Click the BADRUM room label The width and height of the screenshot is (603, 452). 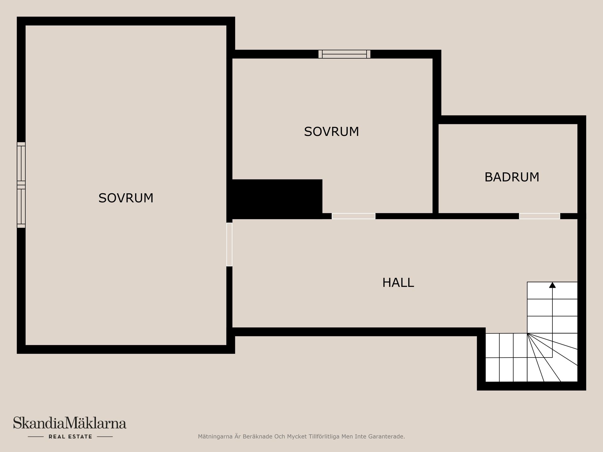pos(512,177)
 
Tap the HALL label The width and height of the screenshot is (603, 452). pos(398,283)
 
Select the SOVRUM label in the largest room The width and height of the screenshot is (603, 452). pos(126,198)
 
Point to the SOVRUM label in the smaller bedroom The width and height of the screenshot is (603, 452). pos(331,132)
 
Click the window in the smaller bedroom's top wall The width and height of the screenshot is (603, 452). pos(344,54)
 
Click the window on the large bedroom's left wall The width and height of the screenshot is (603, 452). pos(21,185)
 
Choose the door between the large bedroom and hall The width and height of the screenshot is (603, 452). pos(230,245)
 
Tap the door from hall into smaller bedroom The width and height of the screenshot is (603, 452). pos(354,216)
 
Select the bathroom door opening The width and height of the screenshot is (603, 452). pos(539,216)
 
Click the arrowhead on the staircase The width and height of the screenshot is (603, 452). pos(552,285)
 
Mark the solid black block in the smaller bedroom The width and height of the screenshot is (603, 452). pos(276,198)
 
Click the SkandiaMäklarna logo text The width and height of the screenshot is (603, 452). pos(70,423)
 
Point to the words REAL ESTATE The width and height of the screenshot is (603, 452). pos(70,437)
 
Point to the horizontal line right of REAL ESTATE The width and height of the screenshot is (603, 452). pos(105,437)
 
